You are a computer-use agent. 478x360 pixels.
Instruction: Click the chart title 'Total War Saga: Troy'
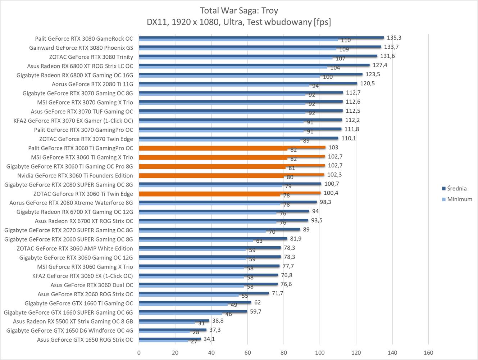coord(239,10)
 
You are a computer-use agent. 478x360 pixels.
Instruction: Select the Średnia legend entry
coord(457,188)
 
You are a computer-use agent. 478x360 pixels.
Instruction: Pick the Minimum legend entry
coord(459,199)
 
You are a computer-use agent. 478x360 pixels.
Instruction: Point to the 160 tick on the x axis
coord(428,352)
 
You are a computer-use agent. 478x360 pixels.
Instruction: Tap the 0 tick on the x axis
coord(139,352)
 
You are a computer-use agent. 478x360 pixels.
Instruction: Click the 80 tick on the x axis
coord(284,352)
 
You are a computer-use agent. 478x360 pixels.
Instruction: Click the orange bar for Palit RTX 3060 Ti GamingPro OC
coord(232,147)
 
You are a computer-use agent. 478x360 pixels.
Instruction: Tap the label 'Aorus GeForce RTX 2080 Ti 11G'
coord(92,84)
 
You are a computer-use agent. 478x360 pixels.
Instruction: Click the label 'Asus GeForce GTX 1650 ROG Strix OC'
coord(85,339)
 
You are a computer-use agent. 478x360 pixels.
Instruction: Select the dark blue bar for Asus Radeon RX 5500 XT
coord(174,321)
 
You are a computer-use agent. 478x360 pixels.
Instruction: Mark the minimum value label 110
coord(346,40)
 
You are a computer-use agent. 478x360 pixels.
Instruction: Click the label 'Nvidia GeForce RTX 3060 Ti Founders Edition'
coord(75,175)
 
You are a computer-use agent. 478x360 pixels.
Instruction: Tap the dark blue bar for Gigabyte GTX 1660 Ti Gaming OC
coord(195,302)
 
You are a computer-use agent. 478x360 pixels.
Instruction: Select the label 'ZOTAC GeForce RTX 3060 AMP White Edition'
coord(75,248)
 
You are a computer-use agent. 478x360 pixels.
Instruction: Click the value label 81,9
coord(296,239)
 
